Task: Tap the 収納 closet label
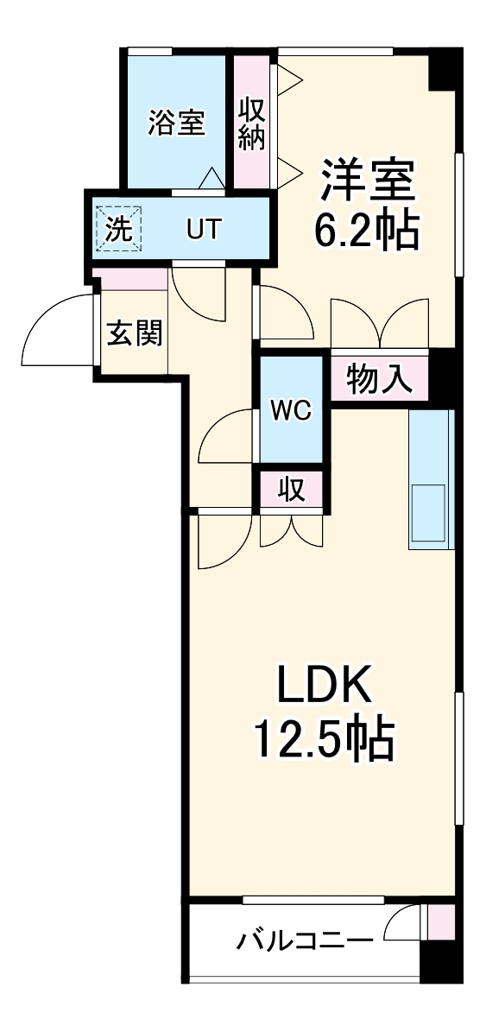(x=251, y=123)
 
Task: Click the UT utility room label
(x=205, y=230)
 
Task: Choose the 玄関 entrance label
(x=135, y=332)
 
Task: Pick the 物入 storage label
(x=379, y=378)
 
